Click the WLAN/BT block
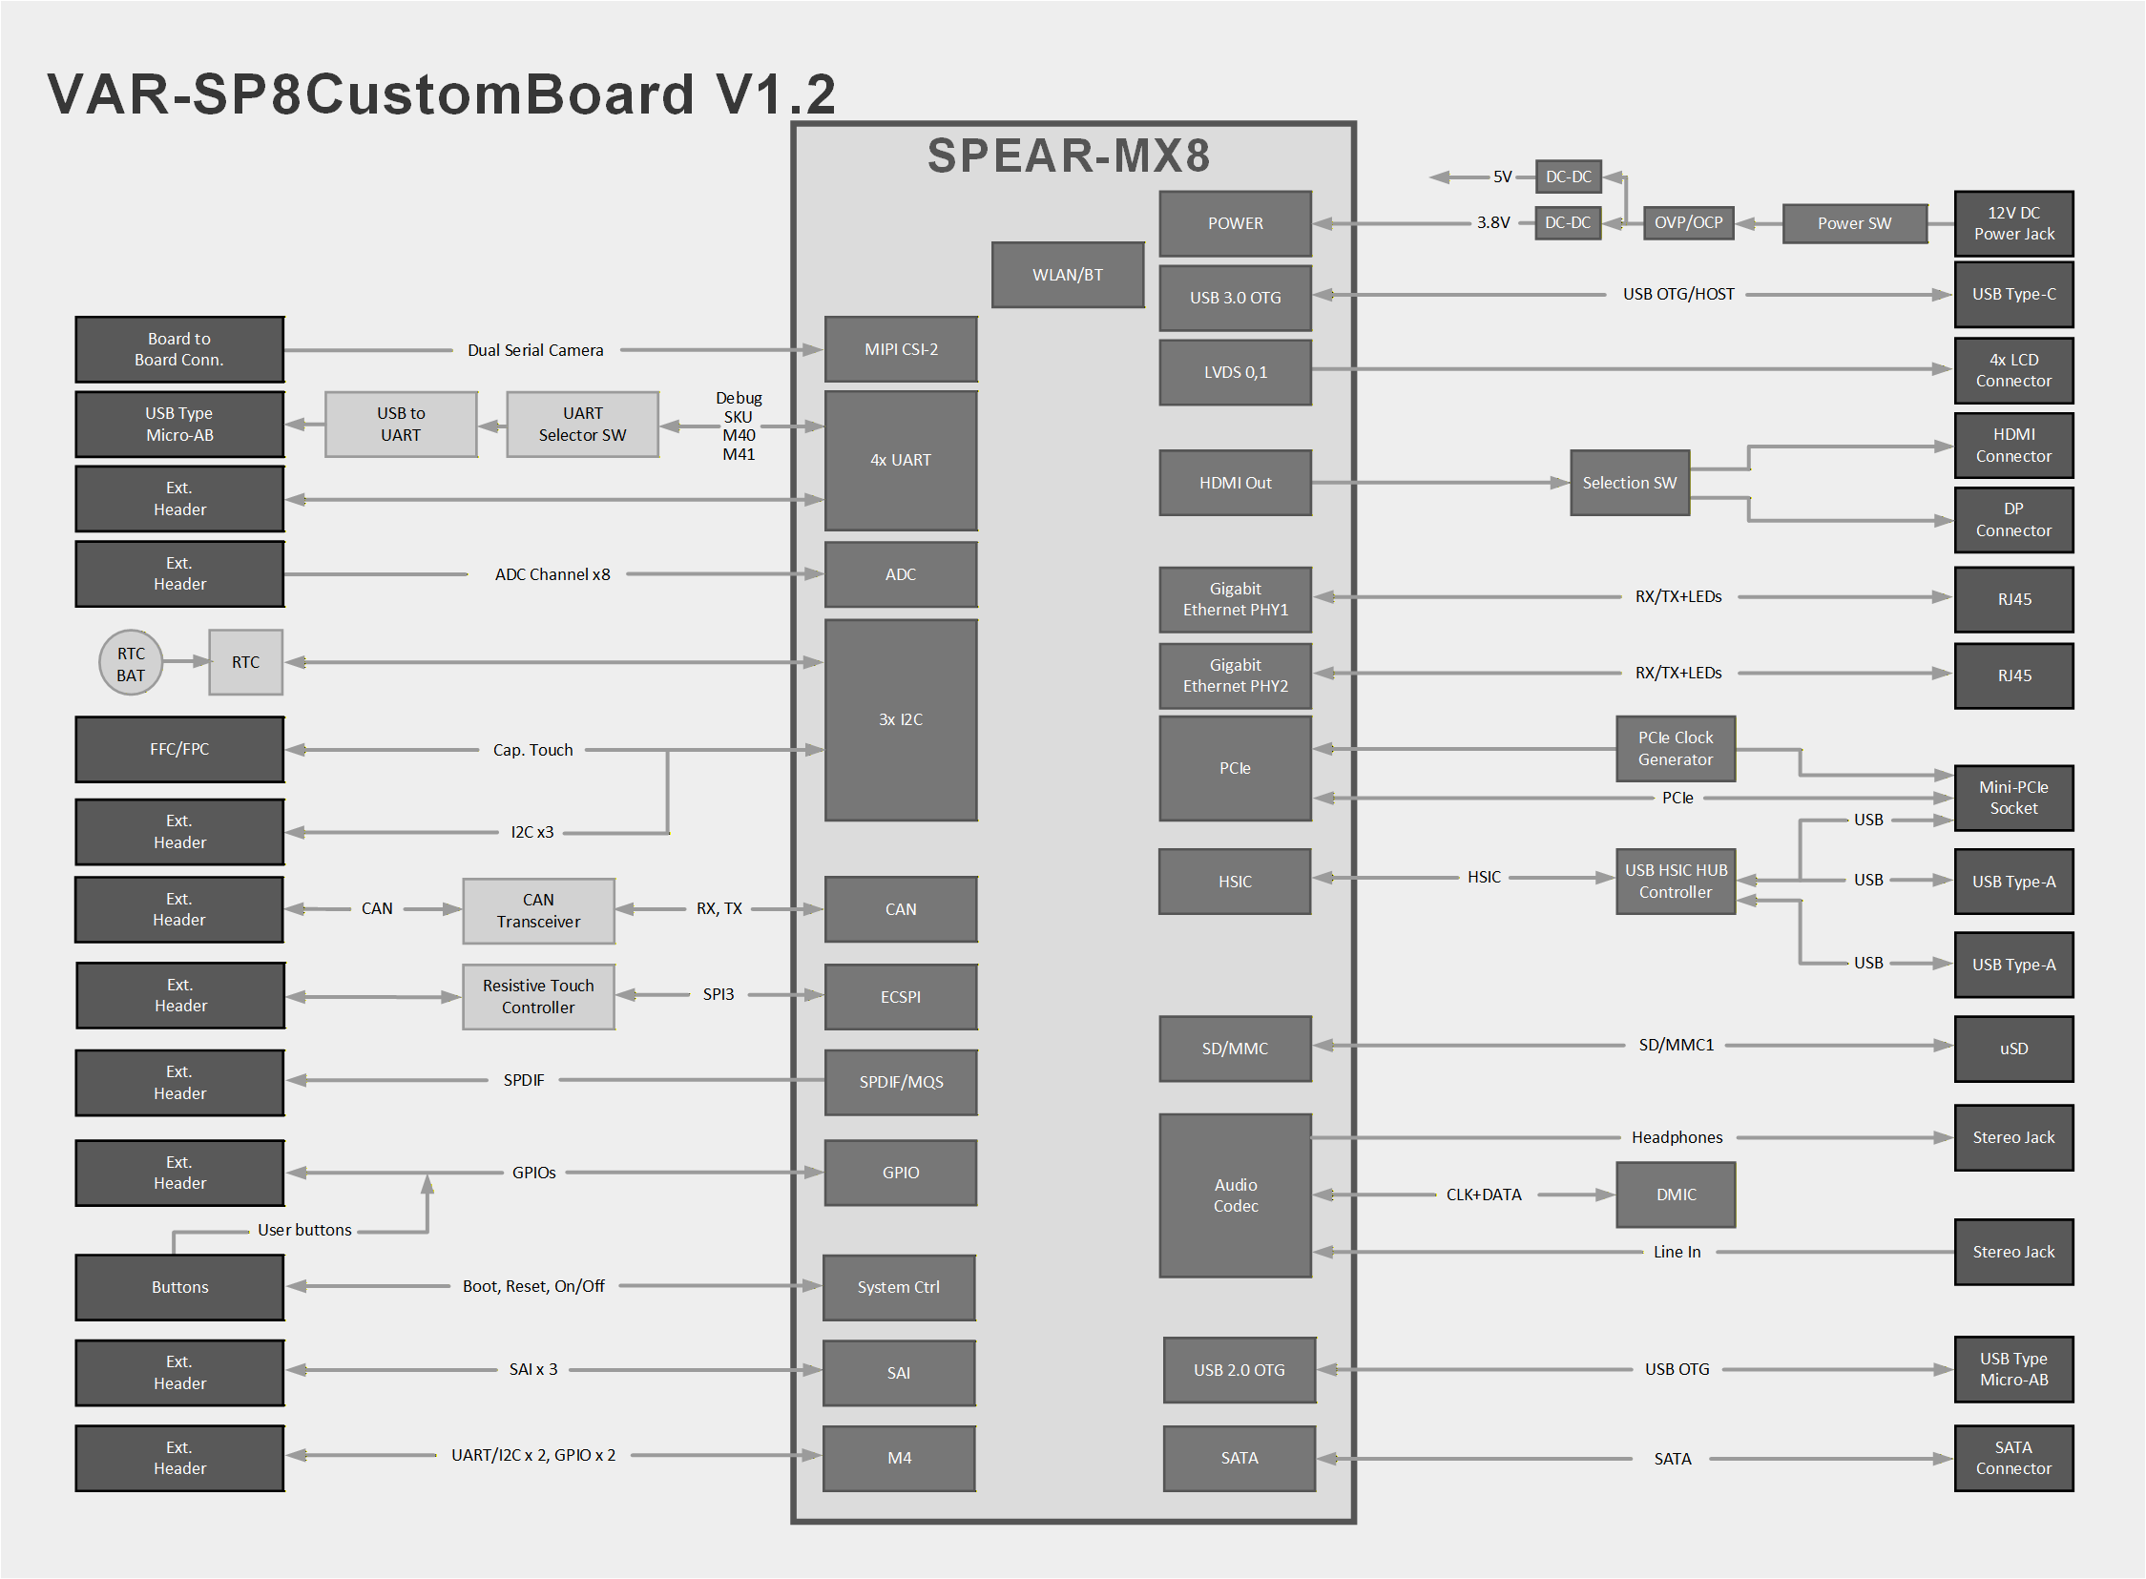pos(1067,276)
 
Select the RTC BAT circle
pos(131,663)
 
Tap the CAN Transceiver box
pos(538,911)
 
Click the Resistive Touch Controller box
pos(538,997)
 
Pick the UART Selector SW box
pos(582,425)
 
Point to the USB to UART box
pos(401,425)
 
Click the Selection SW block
pos(1629,483)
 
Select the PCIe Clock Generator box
pos(1675,749)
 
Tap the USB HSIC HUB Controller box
pos(1675,882)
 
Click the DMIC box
pos(1675,1195)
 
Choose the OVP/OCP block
pos(1688,222)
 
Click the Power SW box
pos(1853,223)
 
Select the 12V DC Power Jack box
pos(2013,223)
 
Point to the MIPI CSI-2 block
pos(901,350)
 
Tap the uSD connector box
pos(2013,1049)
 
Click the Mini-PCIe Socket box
pos(2013,799)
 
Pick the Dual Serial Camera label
pos(535,351)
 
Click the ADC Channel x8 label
pos(552,574)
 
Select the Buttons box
pos(179,1287)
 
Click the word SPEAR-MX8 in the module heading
pos(1068,156)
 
